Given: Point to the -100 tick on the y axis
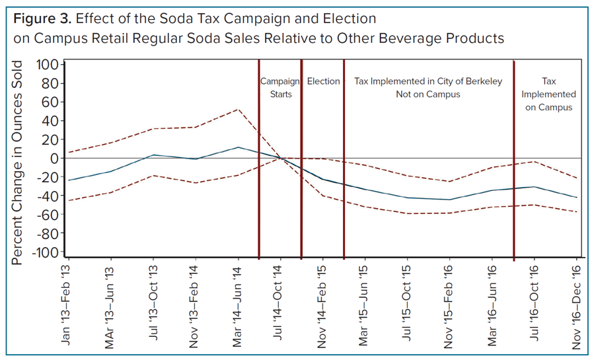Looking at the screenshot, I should pyautogui.click(x=49, y=253).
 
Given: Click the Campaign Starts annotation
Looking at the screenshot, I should pyautogui.click(x=280, y=87).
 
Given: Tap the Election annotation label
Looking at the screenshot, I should pyautogui.click(x=323, y=81).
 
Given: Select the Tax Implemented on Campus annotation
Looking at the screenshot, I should pyautogui.click(x=548, y=94).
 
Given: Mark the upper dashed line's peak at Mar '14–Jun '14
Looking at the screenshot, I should pyautogui.click(x=238, y=109).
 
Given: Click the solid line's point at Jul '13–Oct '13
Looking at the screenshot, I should pyautogui.click(x=153, y=155).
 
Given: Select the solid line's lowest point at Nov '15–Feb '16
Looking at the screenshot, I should pyautogui.click(x=450, y=199).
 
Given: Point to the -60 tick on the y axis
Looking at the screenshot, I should pyautogui.click(x=52, y=215).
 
